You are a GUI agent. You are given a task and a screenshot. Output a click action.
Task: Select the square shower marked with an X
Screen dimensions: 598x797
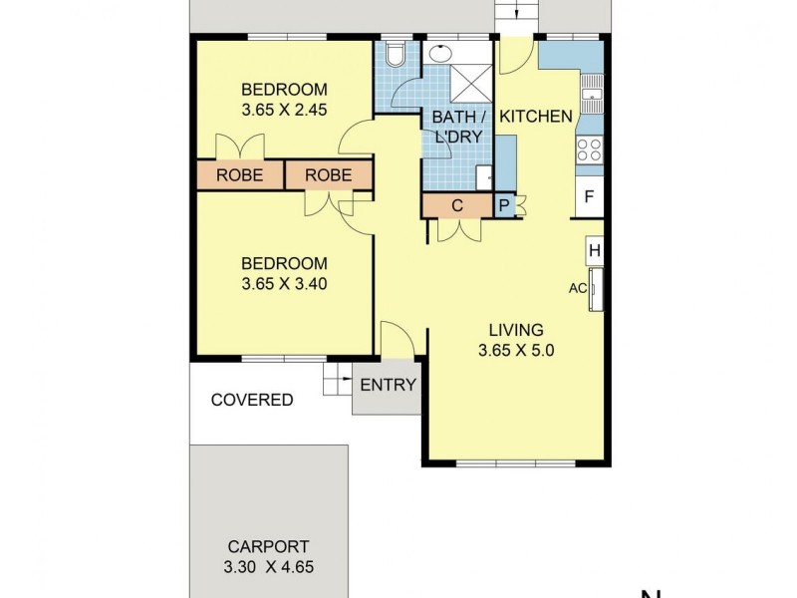click(468, 83)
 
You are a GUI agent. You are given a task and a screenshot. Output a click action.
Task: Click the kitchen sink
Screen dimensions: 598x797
click(593, 96)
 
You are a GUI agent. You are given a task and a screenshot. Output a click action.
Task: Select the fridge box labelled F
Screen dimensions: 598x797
click(590, 196)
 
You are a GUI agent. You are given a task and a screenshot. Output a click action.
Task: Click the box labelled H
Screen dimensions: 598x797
click(594, 250)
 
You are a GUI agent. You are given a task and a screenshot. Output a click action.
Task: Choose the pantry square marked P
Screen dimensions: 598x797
click(505, 205)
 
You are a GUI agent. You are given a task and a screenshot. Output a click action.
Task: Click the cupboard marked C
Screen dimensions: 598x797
click(457, 206)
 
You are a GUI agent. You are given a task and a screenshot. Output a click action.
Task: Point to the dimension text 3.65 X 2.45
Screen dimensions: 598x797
click(284, 111)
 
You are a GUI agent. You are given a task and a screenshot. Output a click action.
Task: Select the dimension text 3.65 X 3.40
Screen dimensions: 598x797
click(284, 283)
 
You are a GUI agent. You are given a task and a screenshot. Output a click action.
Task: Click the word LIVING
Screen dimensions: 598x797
click(515, 330)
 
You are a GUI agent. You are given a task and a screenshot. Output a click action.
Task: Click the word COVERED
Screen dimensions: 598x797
click(252, 400)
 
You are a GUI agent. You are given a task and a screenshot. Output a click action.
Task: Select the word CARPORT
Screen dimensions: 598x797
click(268, 546)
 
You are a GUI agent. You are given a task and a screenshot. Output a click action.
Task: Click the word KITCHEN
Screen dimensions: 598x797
click(536, 117)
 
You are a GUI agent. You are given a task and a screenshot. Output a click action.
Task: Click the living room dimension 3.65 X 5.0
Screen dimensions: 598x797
click(515, 350)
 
